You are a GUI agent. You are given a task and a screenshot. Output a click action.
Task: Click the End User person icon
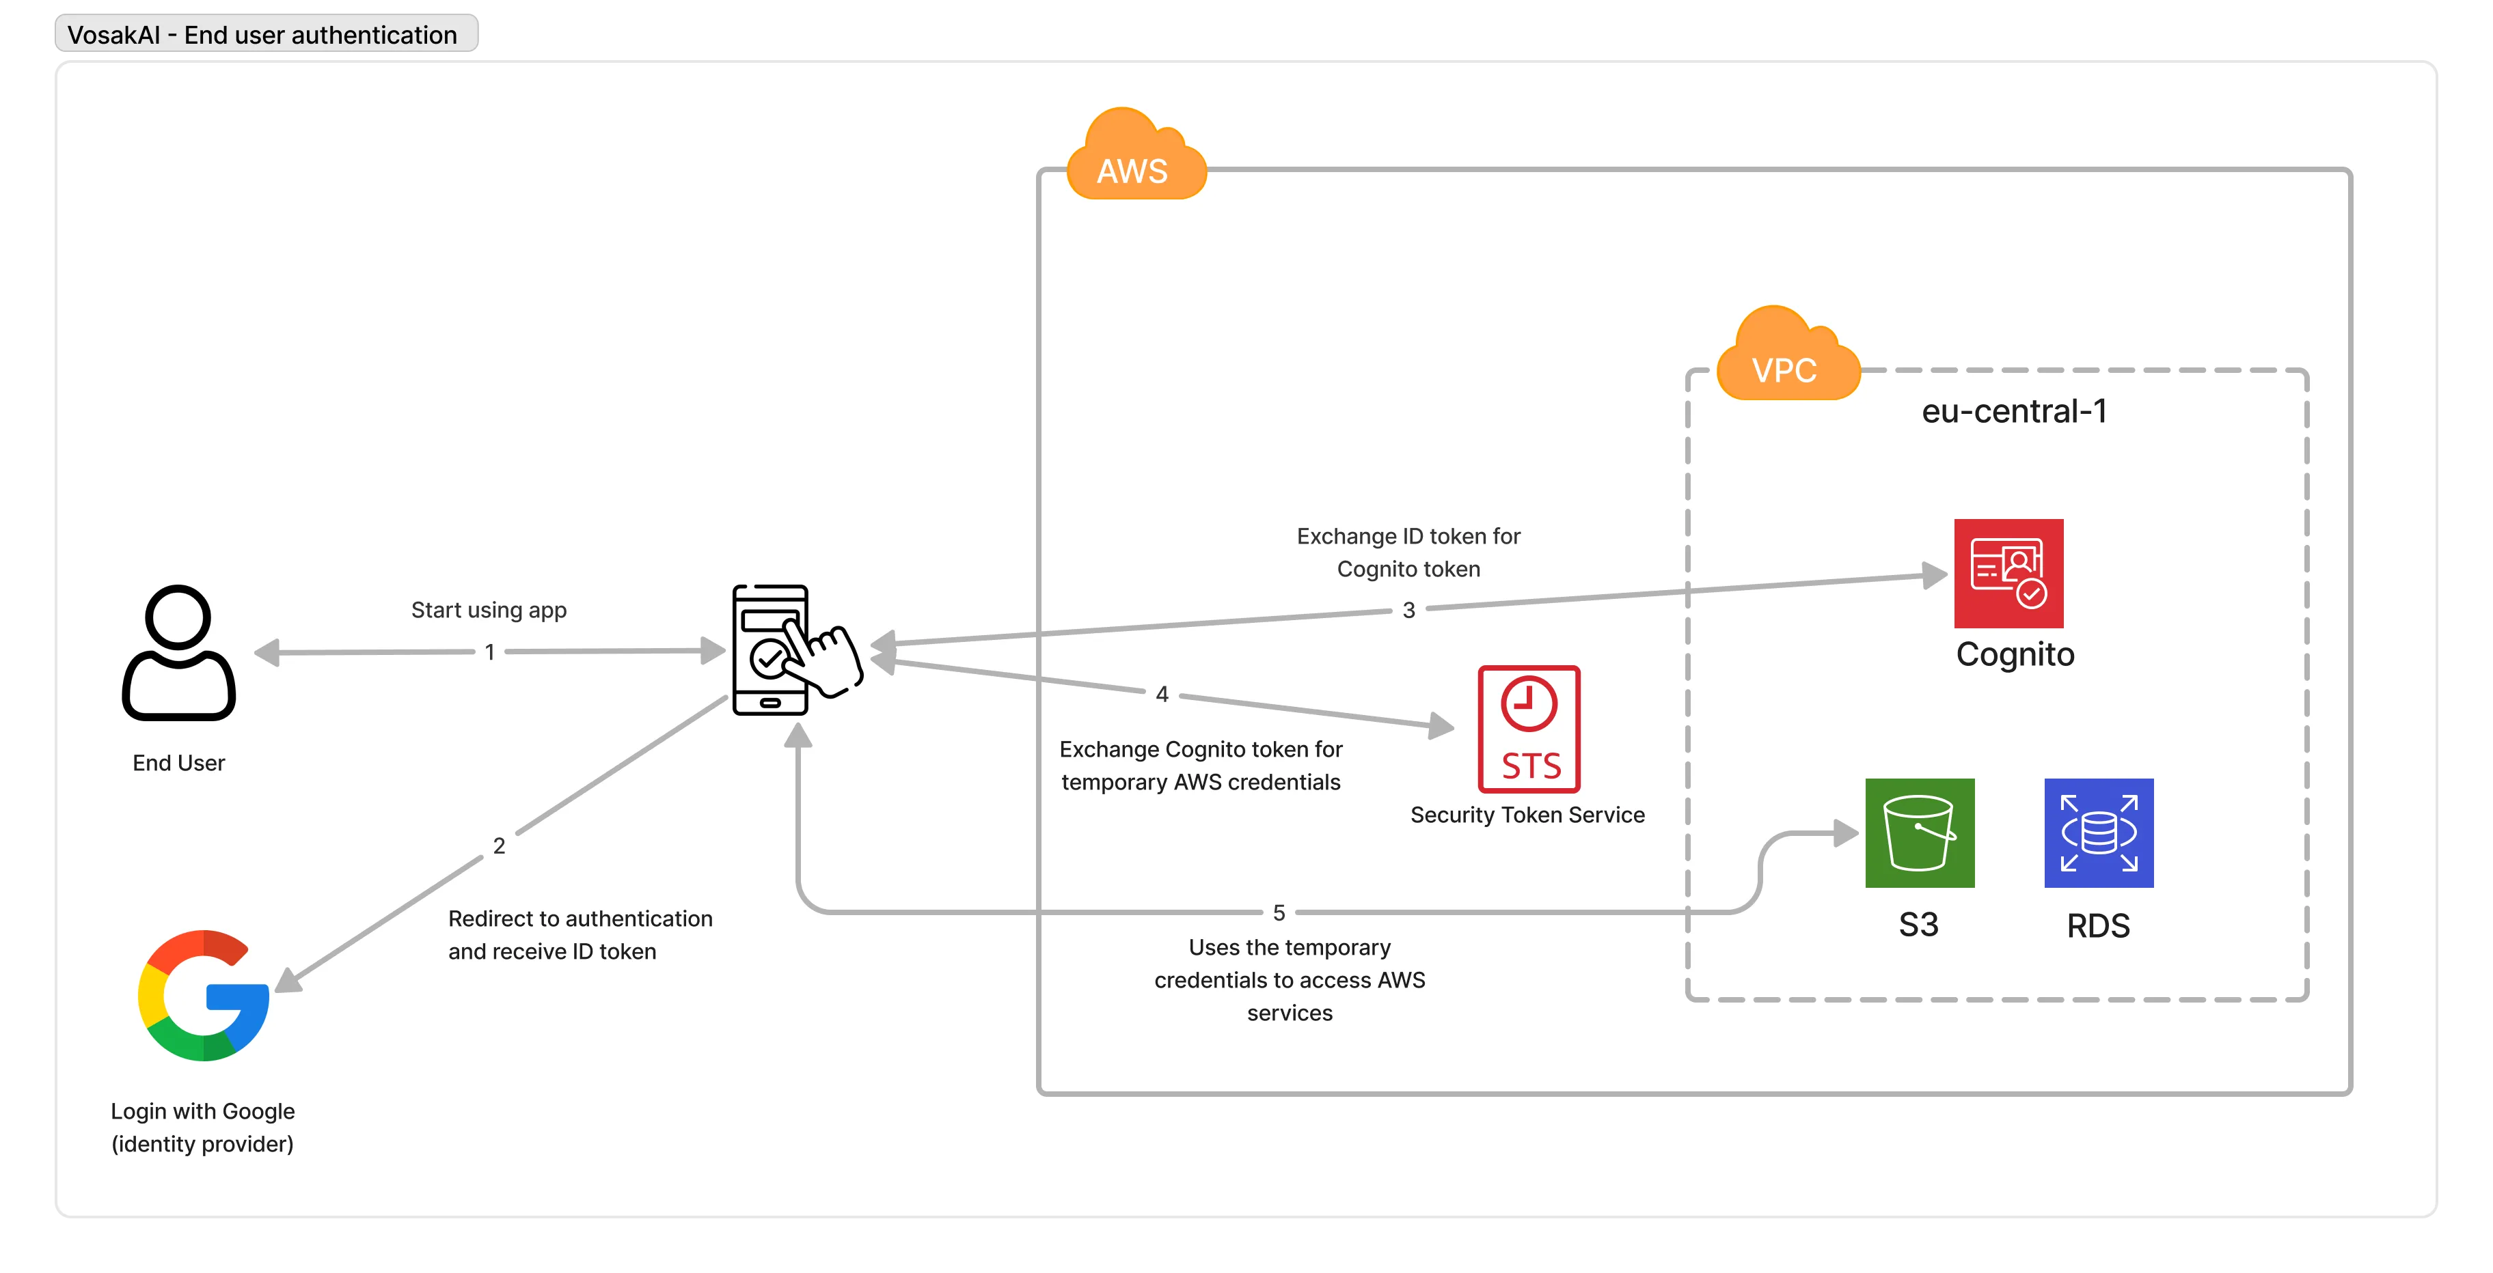pos(179,653)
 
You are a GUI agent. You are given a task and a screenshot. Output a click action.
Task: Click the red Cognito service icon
pos(2008,574)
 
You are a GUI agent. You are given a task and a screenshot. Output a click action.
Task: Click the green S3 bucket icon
pos(1919,833)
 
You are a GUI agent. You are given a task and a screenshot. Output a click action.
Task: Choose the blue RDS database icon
pos(2098,833)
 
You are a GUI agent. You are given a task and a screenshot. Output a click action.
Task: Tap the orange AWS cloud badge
pos(1135,160)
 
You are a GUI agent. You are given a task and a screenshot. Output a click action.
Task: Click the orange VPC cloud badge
pos(1786,358)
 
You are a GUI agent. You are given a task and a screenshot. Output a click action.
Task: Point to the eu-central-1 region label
pos(2014,412)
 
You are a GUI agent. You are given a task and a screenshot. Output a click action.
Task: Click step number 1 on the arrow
pos(490,653)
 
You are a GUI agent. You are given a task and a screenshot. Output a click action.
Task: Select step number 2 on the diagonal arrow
pos(498,846)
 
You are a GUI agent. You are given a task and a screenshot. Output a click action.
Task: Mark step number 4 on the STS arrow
pos(1161,695)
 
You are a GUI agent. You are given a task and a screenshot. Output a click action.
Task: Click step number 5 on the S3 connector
pos(1279,913)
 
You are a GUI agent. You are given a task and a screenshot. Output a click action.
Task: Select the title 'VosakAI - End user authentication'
pos(262,36)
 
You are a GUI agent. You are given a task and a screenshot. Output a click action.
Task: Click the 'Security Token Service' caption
pos(1527,815)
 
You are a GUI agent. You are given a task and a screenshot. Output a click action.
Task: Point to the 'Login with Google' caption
pos(202,1111)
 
